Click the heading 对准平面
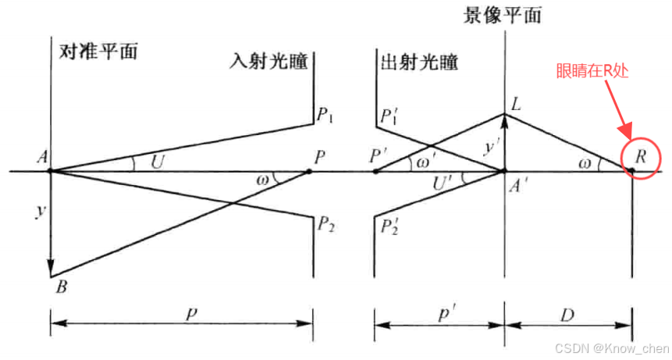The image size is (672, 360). [x=98, y=52]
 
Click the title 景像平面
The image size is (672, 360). [x=503, y=16]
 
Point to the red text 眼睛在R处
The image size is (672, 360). [x=592, y=72]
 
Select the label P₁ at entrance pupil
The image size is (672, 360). [x=326, y=117]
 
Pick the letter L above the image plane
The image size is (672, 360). [x=516, y=104]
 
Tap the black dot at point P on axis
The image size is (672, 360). [x=308, y=170]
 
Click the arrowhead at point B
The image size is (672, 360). [x=51, y=269]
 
